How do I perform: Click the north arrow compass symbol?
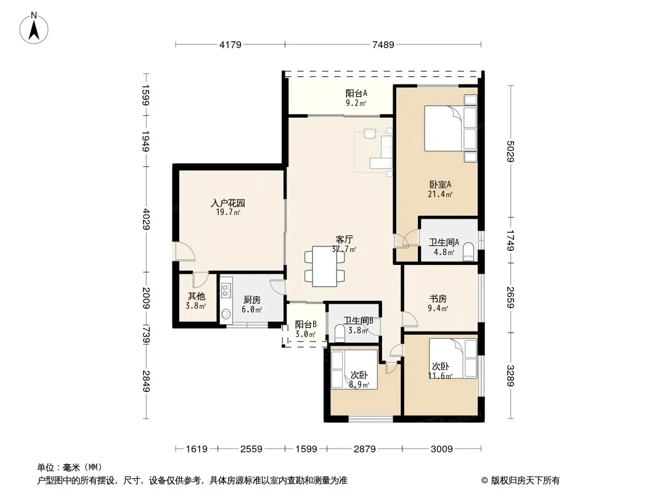34,28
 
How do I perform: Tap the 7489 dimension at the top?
383,44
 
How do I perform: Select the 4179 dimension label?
230,44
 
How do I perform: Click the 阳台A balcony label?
356,94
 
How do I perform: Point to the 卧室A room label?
440,184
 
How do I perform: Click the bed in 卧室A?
451,128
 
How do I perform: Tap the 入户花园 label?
228,203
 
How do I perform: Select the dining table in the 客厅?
325,266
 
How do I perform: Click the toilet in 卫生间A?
468,252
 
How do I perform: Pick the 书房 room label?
438,299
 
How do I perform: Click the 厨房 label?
252,300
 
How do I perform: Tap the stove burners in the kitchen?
226,290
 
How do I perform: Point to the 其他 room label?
196,296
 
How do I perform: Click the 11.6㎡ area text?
440,376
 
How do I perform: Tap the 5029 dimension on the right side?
510,151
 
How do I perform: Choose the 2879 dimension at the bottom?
364,449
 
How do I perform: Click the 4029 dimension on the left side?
146,219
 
